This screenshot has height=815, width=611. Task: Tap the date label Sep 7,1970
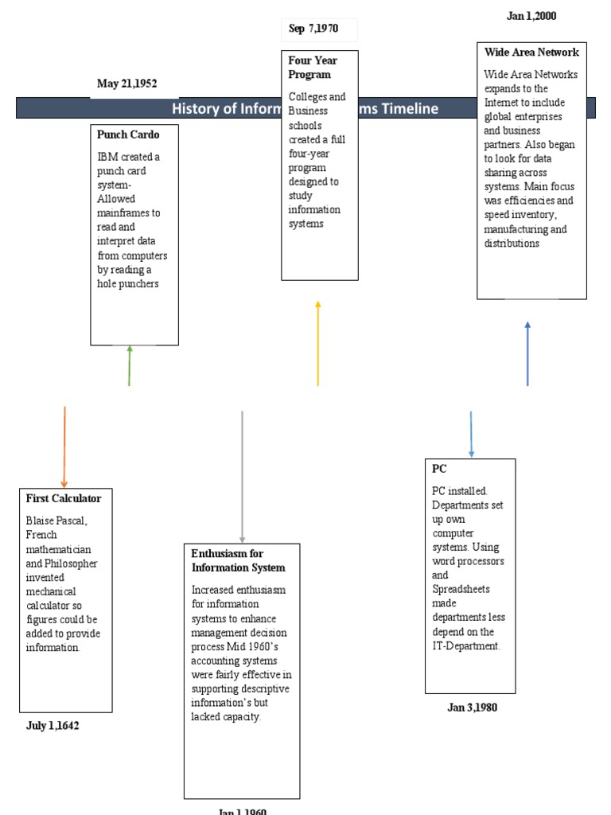[x=313, y=29]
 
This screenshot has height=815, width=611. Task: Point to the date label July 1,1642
[x=53, y=726]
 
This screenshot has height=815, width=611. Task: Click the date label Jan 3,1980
[x=472, y=708]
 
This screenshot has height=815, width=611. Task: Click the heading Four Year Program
[x=313, y=67]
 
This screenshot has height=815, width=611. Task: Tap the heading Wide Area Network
[x=531, y=53]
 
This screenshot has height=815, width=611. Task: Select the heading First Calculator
[x=64, y=498]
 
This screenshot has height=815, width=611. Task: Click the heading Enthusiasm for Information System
[x=238, y=560]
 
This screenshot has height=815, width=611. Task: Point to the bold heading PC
[x=439, y=470]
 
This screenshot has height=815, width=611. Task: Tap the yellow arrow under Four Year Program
[x=318, y=343]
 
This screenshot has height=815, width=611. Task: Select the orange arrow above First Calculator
[x=64, y=446]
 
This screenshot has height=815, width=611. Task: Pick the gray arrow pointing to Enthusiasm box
[x=243, y=476]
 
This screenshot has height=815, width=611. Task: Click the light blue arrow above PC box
[x=471, y=434]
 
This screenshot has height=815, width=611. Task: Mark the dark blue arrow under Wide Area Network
[x=527, y=353]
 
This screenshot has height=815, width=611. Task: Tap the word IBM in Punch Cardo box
[x=107, y=157]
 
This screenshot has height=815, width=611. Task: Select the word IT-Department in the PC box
[x=466, y=646]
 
